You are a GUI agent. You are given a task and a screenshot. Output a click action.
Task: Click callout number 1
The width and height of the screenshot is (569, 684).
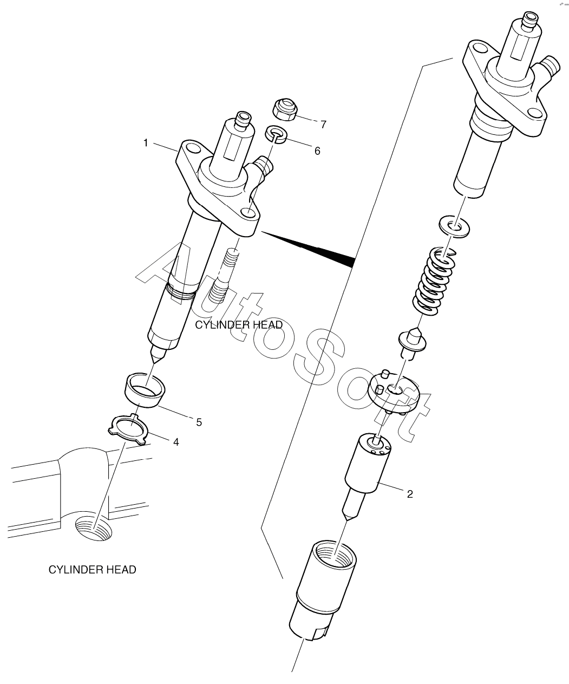pyautogui.click(x=145, y=142)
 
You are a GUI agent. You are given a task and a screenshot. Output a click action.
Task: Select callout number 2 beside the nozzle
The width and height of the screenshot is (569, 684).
pyautogui.click(x=410, y=494)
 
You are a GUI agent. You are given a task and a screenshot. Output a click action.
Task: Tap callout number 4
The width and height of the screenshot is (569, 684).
pyautogui.click(x=175, y=442)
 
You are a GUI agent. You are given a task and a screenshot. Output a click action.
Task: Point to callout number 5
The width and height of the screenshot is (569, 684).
pyautogui.click(x=199, y=422)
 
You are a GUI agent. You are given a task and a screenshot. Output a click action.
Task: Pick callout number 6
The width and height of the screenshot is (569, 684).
pyautogui.click(x=317, y=151)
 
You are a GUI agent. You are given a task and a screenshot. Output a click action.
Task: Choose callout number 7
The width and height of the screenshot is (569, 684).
pyautogui.click(x=323, y=125)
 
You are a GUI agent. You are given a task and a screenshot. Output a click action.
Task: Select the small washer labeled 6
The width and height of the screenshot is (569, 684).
pyautogui.click(x=276, y=134)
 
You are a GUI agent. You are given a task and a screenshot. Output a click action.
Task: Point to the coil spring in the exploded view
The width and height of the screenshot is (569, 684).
pyautogui.click(x=435, y=281)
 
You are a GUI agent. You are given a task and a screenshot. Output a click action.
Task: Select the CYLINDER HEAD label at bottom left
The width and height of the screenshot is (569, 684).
pyautogui.click(x=92, y=570)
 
